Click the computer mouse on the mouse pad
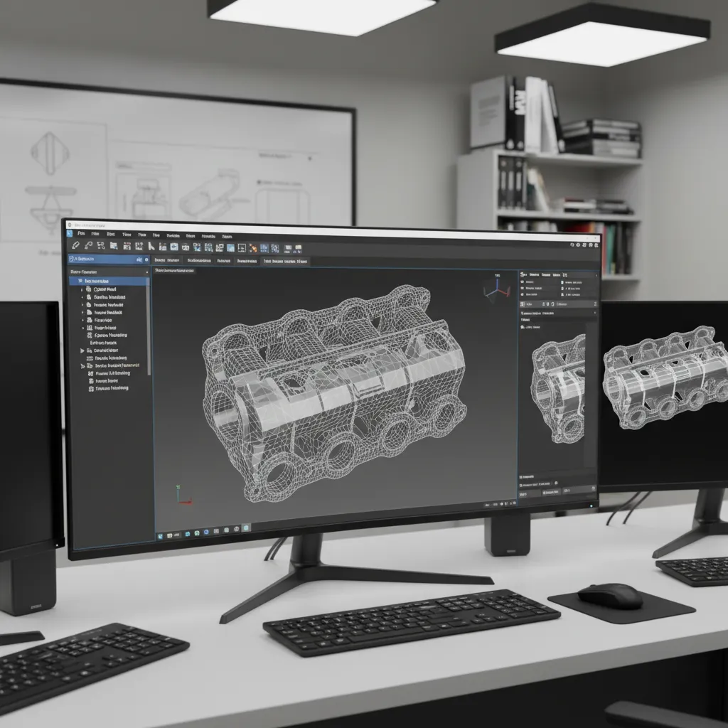(609, 596)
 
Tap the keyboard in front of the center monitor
(411, 620)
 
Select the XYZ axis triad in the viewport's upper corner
(496, 289)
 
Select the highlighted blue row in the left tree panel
(109, 281)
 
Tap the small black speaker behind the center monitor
(508, 534)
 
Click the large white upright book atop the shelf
(488, 112)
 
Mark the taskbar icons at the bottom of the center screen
(203, 531)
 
